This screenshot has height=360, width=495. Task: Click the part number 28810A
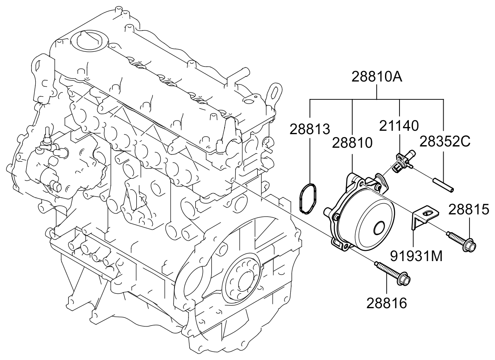[x=377, y=78]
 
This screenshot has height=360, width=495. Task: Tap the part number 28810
[x=352, y=143]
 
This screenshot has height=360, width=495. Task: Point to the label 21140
[x=399, y=125]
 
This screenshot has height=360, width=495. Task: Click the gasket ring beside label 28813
[x=307, y=197]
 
